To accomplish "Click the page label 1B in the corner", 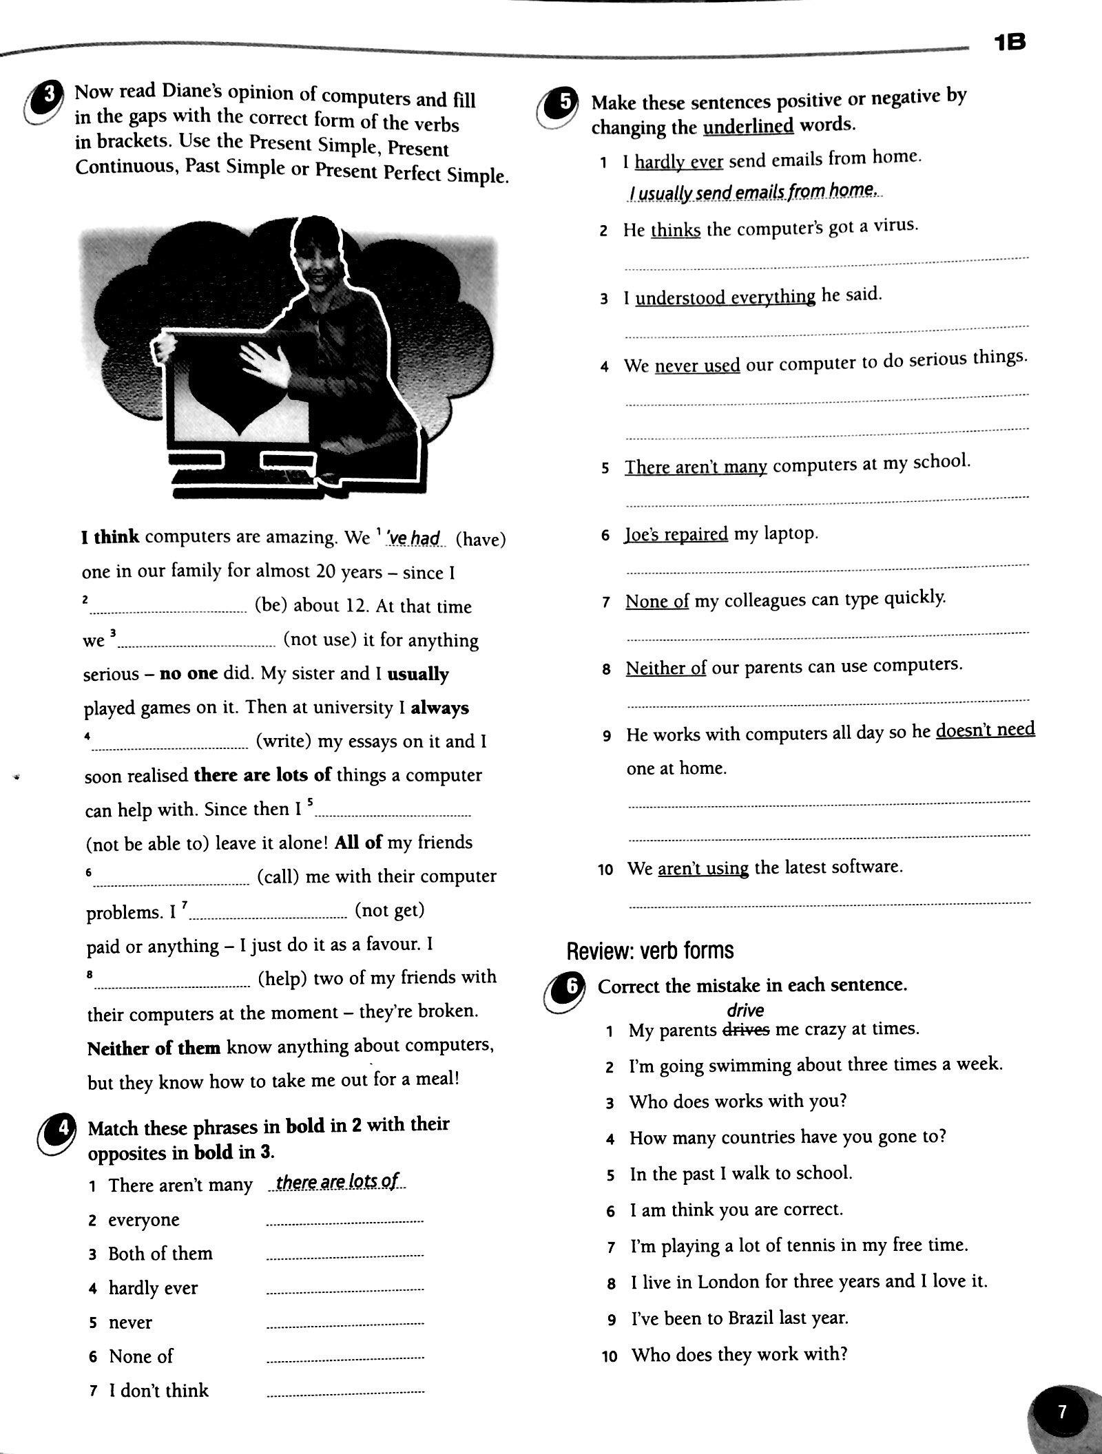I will (1010, 43).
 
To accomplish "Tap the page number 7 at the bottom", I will (1061, 1412).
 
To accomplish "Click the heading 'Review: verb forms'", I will (649, 951).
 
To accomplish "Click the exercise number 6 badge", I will (571, 987).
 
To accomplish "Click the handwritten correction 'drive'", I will (745, 1010).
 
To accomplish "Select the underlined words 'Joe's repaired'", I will (676, 534).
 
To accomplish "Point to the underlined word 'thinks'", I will (675, 230).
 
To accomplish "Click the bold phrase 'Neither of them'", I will (154, 1048).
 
